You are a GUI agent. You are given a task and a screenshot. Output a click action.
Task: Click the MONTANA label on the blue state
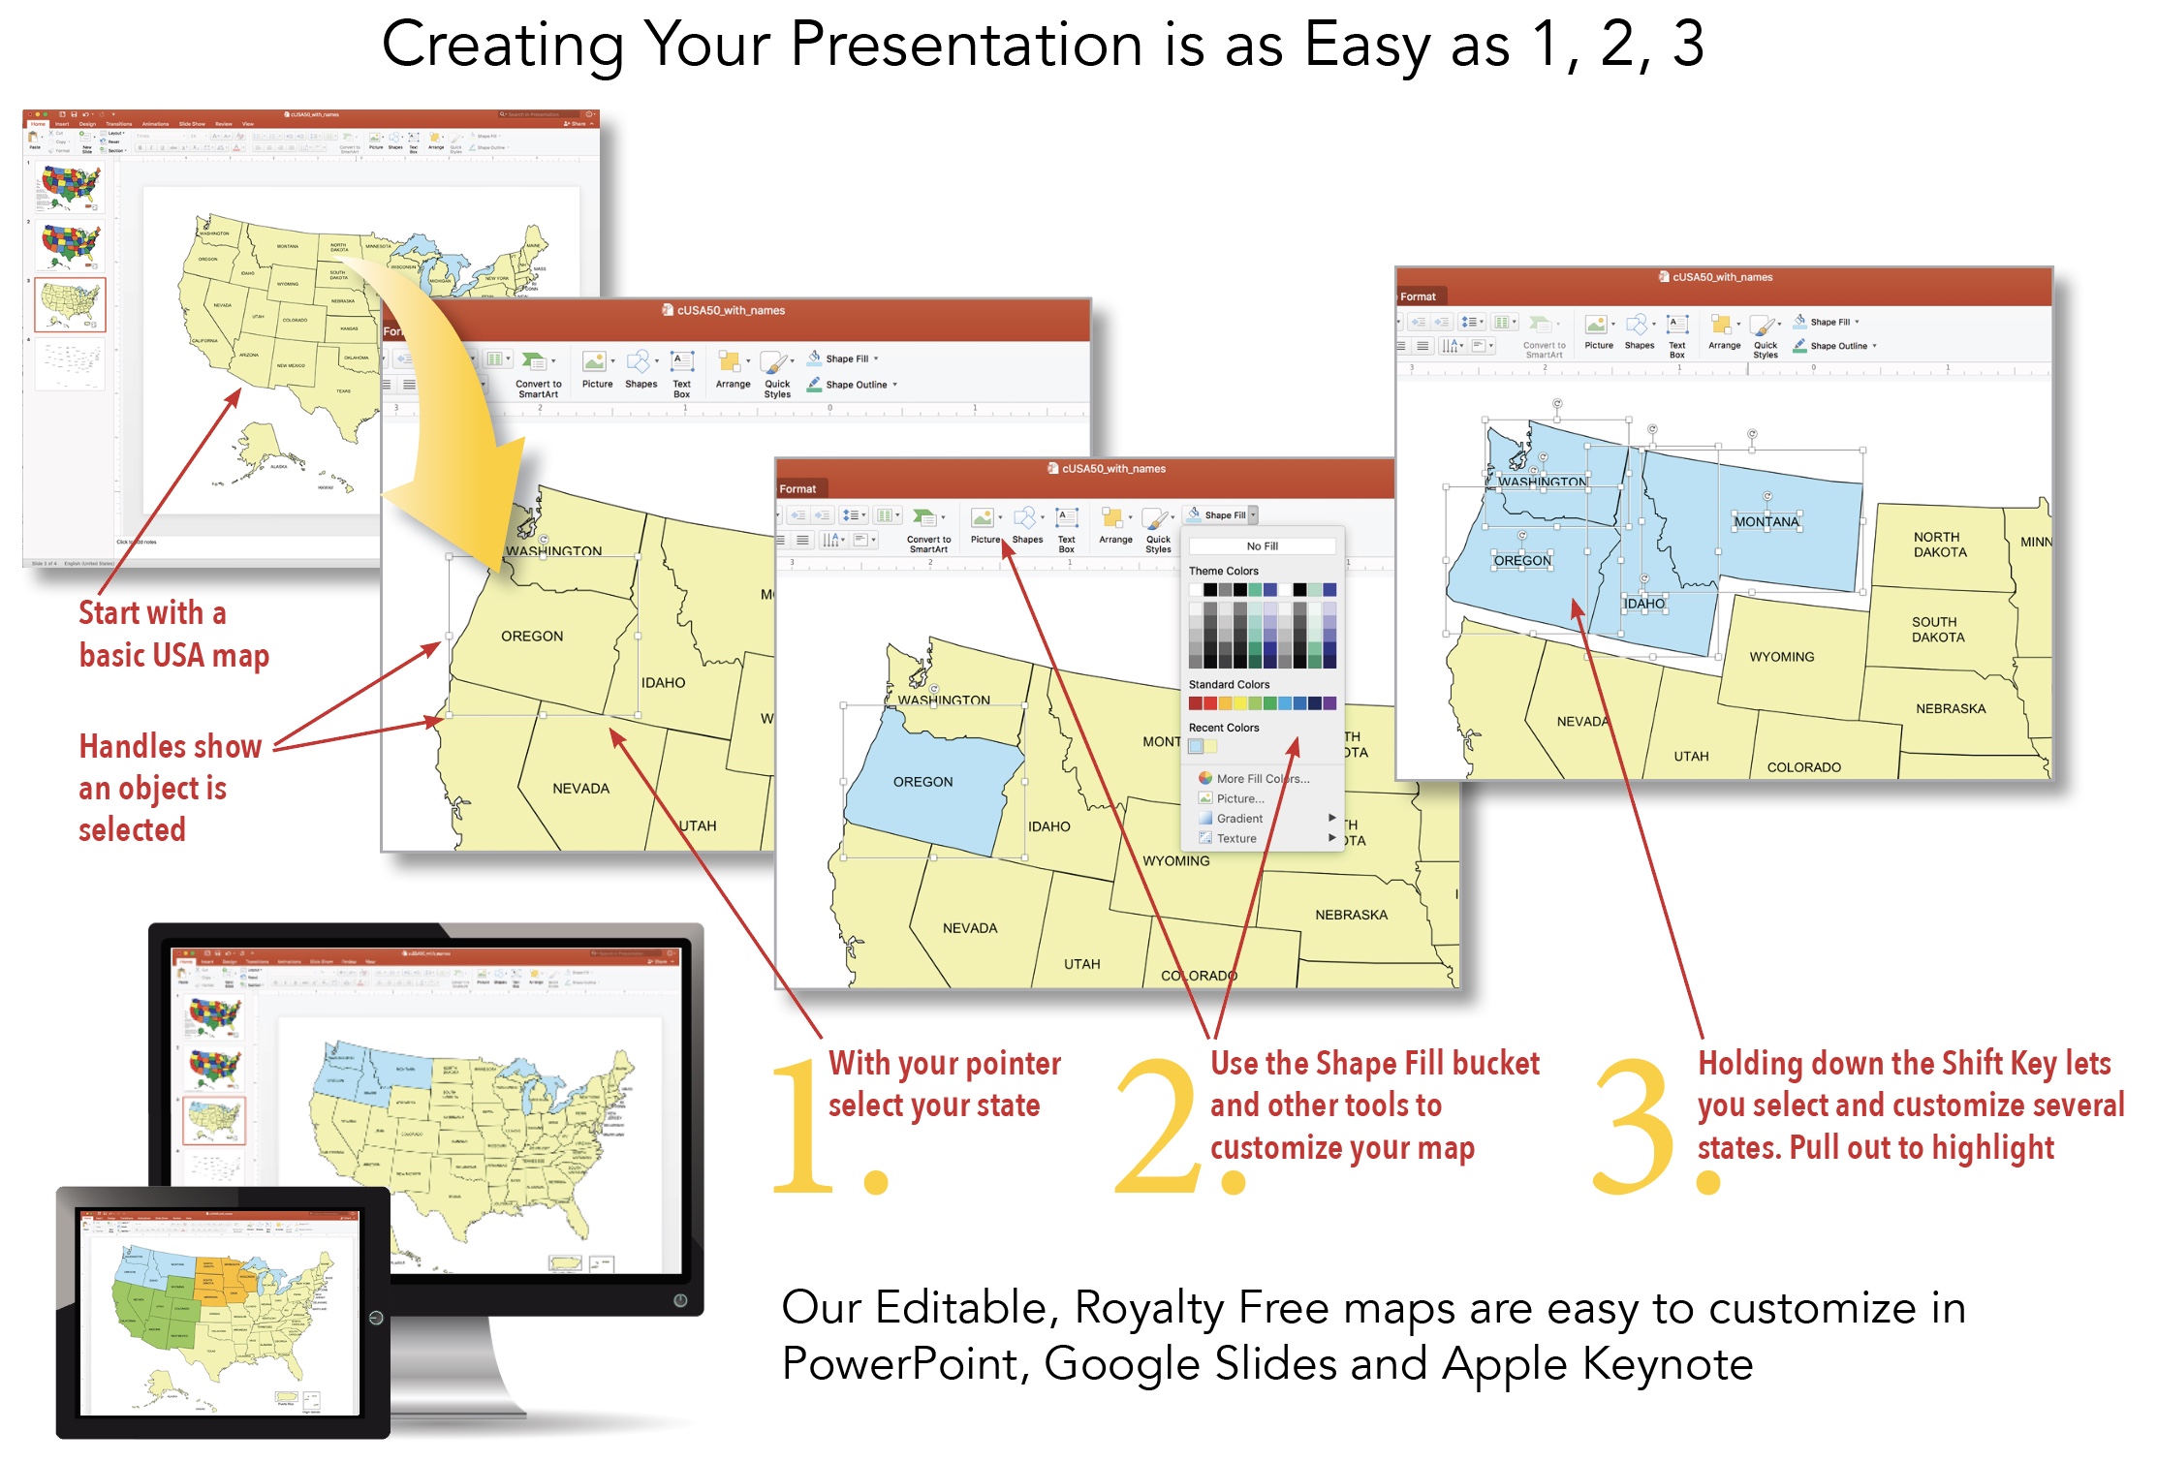point(1766,521)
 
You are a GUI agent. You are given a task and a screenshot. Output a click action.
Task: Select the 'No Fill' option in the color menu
point(1262,546)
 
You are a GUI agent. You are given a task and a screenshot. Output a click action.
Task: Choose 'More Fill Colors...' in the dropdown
point(1262,778)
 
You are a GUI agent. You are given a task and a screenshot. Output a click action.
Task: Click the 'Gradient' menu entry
point(1239,819)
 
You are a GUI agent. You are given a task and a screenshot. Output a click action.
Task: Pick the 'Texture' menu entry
point(1236,839)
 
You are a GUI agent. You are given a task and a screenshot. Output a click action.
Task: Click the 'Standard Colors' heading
point(1229,684)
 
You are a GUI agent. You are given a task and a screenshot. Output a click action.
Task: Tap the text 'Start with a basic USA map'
point(173,634)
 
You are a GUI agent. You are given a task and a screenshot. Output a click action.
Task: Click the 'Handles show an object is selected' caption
point(170,788)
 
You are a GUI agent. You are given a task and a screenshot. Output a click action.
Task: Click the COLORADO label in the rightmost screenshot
point(1803,767)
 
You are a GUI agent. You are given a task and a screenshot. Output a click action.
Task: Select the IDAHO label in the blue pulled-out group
point(1644,604)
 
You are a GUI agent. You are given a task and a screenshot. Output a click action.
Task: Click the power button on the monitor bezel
point(680,1300)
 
